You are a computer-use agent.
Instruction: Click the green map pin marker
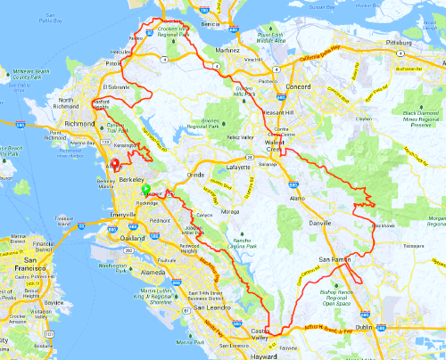point(145,190)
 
